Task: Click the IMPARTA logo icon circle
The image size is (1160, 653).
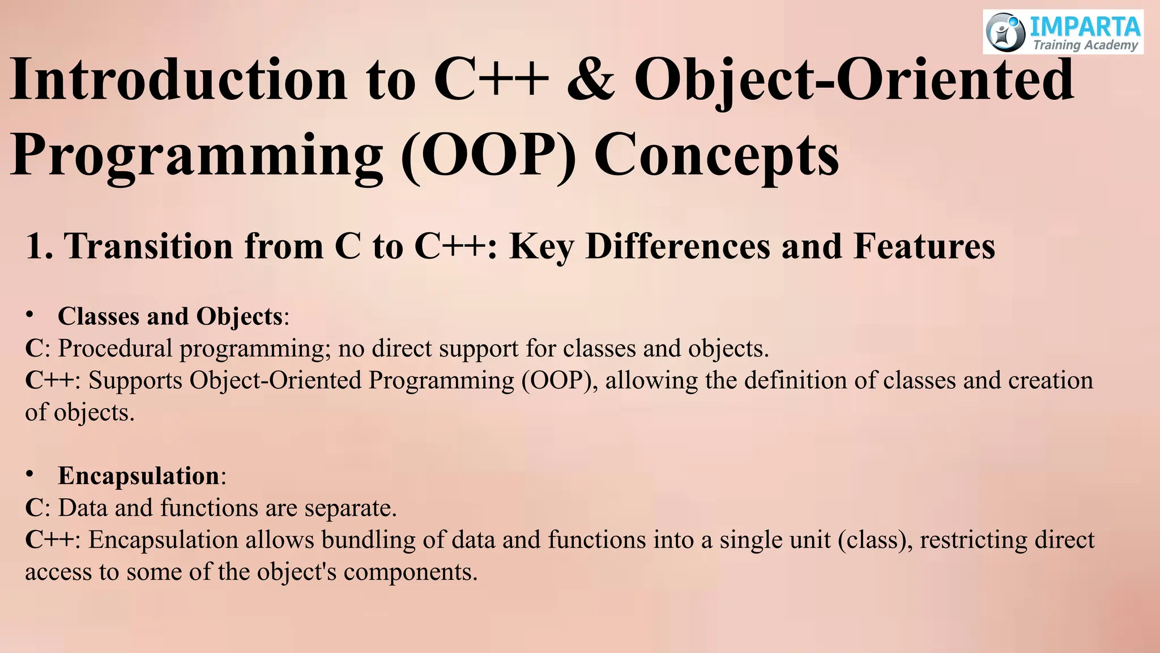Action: [x=1005, y=32]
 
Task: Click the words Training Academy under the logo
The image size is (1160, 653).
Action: [x=1085, y=45]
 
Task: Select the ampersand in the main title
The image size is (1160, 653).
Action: [x=591, y=80]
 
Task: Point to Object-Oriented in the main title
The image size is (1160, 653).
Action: [x=854, y=80]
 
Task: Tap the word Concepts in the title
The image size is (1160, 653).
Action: [x=716, y=156]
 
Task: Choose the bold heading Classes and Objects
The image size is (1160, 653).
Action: [x=170, y=316]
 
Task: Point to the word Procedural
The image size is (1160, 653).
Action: [x=115, y=348]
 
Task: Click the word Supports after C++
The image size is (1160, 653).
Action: [x=135, y=380]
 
